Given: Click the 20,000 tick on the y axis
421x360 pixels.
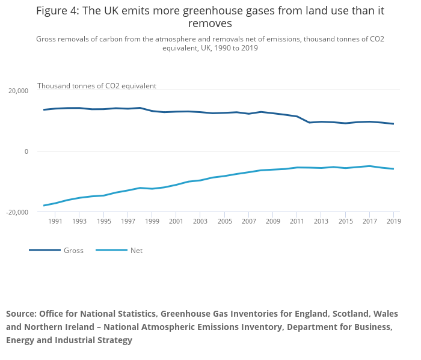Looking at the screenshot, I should coord(18,91).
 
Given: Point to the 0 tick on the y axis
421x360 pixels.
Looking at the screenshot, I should coord(26,151).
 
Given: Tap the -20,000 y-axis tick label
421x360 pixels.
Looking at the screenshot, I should coord(17,212).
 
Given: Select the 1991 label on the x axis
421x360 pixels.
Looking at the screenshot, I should coord(55,222).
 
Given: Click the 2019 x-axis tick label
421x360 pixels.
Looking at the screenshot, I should coord(393,222).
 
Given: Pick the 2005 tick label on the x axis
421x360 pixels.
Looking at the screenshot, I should coord(224,222).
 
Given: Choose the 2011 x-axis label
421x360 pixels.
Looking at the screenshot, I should coord(297,222).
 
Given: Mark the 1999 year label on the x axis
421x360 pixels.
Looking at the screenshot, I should coord(152,222).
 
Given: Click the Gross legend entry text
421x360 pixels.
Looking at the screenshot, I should coord(73,251).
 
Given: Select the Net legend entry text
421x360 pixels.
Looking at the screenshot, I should coord(137,251).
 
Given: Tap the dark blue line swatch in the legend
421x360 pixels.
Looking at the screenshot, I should coord(45,250).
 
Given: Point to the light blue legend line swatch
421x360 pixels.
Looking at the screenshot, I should coord(111,250).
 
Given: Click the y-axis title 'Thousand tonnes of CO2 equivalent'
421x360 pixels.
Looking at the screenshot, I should coord(97,86).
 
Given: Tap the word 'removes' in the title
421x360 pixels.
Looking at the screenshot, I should coord(210,24).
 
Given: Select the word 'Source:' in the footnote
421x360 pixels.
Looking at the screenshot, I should coord(22,314).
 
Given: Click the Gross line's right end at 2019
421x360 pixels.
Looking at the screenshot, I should coord(393,124).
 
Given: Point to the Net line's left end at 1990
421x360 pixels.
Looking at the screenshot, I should coord(44,206).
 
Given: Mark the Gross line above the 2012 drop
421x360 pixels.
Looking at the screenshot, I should coord(309,123).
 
